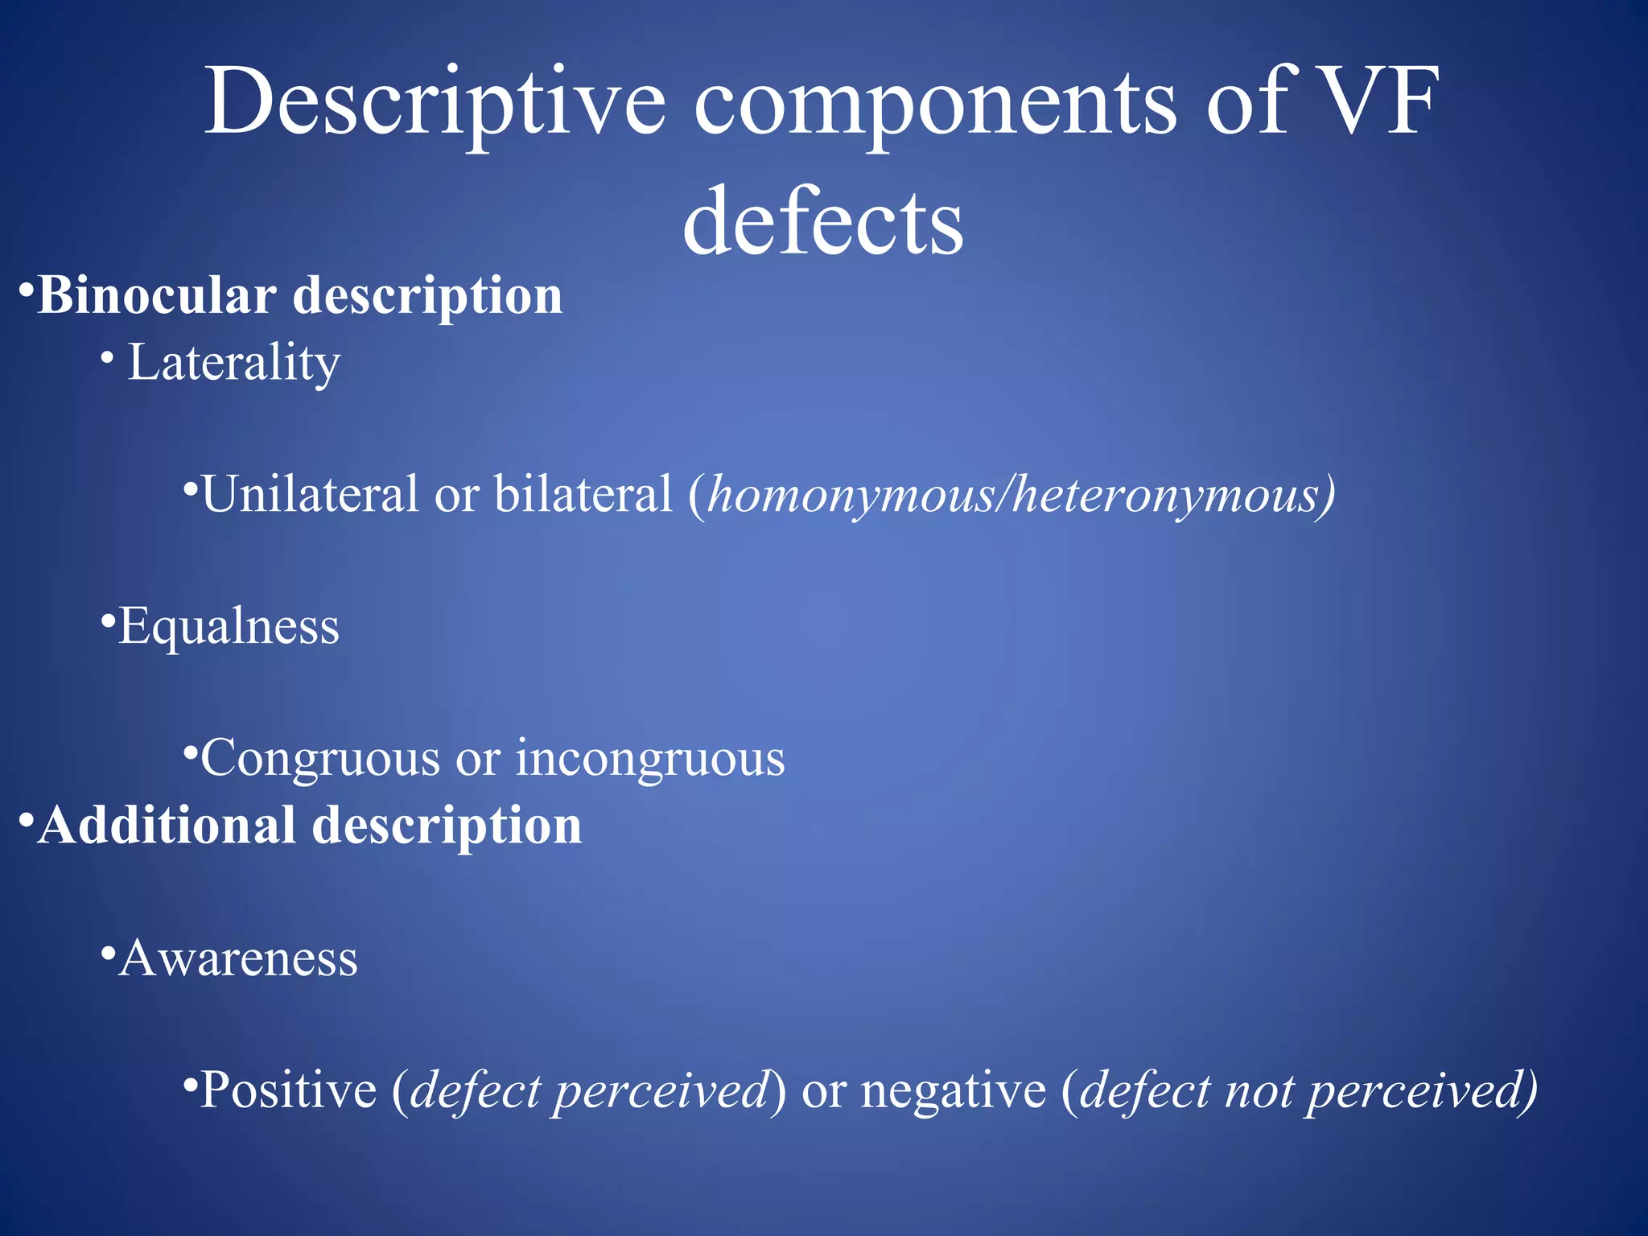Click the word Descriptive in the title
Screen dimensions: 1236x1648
coord(435,103)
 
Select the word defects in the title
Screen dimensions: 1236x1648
coord(822,221)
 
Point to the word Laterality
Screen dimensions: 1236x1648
coord(233,363)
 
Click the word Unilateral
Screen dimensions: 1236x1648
coord(309,493)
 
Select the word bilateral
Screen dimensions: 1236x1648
coord(583,493)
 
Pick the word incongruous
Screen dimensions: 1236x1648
coord(650,758)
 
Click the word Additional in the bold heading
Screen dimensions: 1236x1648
coord(167,826)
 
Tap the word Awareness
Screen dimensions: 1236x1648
coord(237,958)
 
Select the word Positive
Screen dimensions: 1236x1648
coord(288,1090)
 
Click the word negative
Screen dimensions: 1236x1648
coord(954,1091)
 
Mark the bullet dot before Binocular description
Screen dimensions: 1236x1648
coord(26,288)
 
